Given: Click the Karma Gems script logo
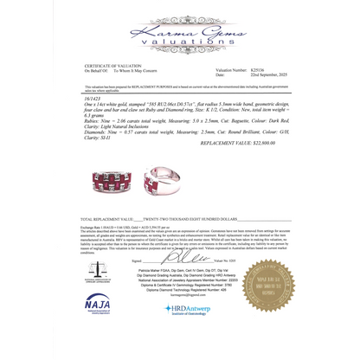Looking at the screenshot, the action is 180,21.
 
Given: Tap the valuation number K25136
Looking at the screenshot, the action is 258,70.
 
